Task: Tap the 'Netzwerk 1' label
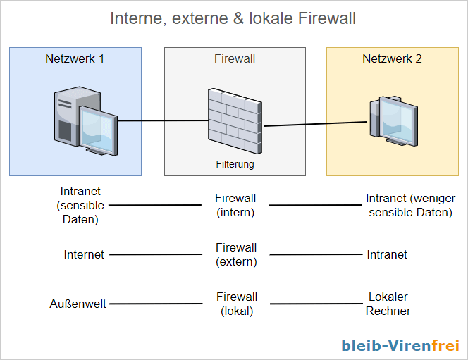(x=75, y=59)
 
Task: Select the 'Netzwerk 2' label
(x=392, y=59)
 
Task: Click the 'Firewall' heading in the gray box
(x=235, y=59)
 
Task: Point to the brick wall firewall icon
(x=235, y=117)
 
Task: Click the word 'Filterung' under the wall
(x=235, y=164)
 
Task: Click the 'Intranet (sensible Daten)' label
(x=80, y=205)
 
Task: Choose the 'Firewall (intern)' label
(x=235, y=205)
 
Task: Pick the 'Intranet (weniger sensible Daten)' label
(x=409, y=205)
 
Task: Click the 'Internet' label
(x=84, y=254)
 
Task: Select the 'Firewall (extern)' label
(x=235, y=254)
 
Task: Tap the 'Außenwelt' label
(x=78, y=304)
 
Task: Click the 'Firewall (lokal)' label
(x=235, y=304)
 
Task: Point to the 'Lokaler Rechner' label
(x=388, y=304)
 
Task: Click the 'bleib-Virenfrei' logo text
(x=400, y=345)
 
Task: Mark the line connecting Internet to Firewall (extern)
(x=155, y=255)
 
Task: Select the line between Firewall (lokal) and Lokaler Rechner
(x=315, y=304)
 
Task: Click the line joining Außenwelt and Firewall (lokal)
(x=155, y=304)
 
